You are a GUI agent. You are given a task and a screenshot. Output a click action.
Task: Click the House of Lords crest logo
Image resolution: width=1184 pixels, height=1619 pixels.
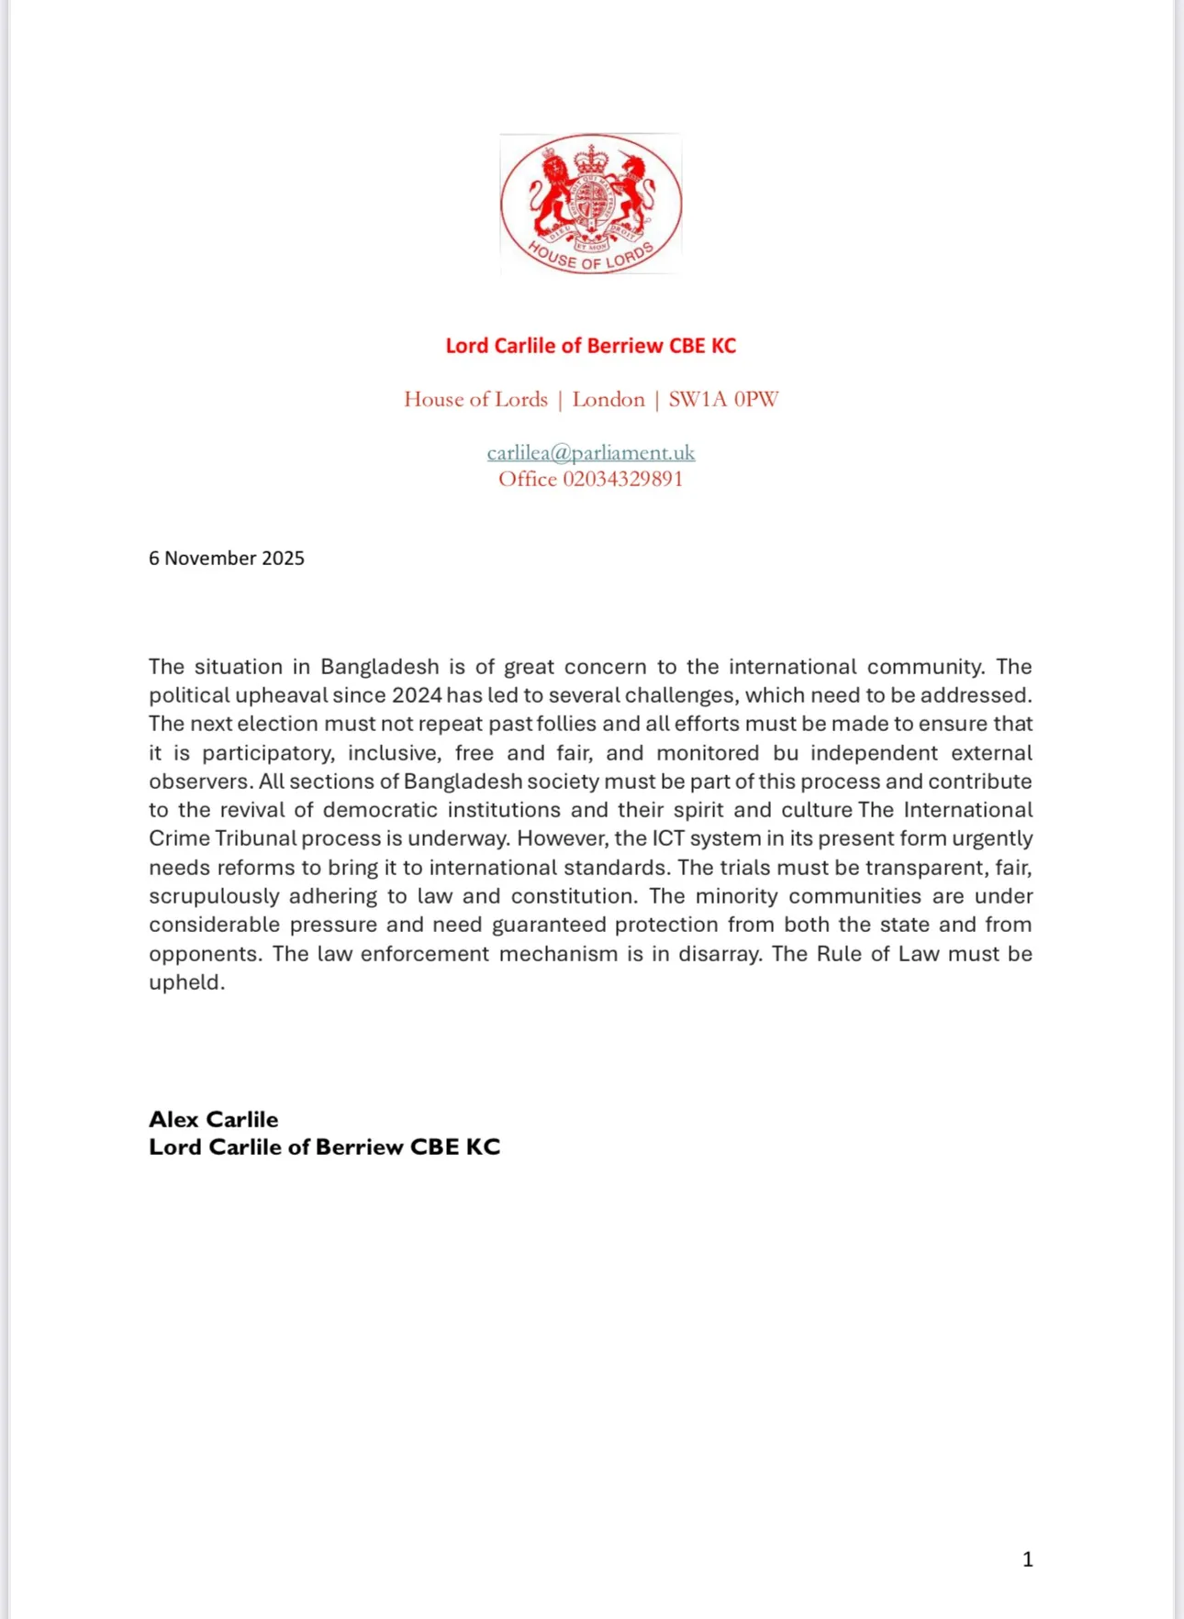[x=591, y=204]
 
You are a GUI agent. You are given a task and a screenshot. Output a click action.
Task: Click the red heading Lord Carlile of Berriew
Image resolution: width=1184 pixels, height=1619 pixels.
[x=590, y=346]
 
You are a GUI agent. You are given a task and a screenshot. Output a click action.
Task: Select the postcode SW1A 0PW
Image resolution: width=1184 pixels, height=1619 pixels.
[x=723, y=399]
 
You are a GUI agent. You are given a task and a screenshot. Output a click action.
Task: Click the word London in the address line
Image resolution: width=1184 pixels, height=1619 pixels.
[x=609, y=399]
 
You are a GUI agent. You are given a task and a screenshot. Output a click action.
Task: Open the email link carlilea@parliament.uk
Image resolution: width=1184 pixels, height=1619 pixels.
[x=590, y=452]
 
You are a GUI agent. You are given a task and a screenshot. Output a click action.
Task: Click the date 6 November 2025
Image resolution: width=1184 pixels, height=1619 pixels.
[x=227, y=558]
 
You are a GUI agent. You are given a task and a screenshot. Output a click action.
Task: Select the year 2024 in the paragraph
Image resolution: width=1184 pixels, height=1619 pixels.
[x=417, y=695]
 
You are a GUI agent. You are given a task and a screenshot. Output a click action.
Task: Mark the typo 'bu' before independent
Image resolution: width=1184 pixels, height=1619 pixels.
[x=787, y=753]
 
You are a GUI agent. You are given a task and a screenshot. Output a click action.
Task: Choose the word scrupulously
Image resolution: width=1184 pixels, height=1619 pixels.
[x=213, y=896]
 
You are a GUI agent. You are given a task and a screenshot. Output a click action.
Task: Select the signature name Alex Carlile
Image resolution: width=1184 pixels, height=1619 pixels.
[x=213, y=1119]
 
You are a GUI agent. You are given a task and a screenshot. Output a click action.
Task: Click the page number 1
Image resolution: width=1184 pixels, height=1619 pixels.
[x=1027, y=1559]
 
